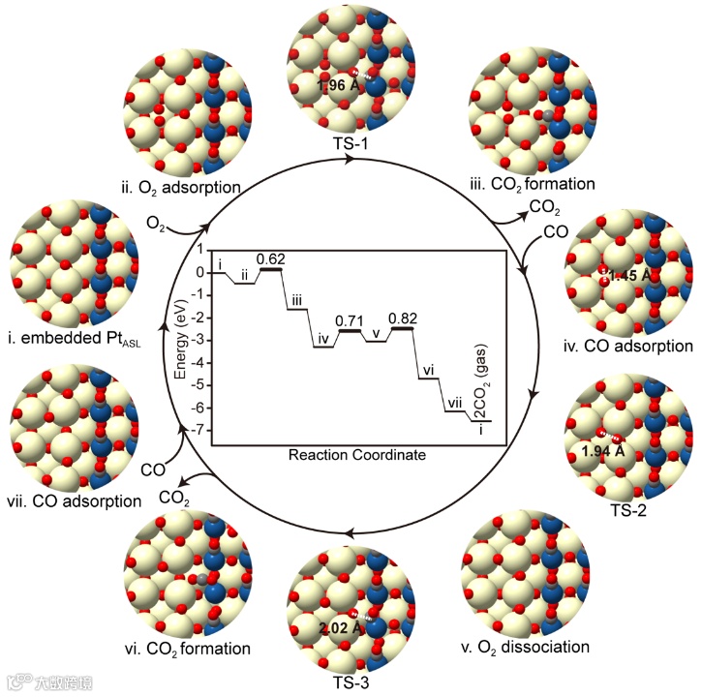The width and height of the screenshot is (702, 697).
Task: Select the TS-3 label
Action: coord(351,681)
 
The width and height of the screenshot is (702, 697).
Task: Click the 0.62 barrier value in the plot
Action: coord(272,258)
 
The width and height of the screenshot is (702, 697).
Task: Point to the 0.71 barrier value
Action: coord(348,319)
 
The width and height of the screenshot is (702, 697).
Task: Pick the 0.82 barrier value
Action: coord(401,318)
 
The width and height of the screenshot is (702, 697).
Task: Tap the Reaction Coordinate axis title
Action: coord(357,454)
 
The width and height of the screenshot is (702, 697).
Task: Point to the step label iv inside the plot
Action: coord(324,338)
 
